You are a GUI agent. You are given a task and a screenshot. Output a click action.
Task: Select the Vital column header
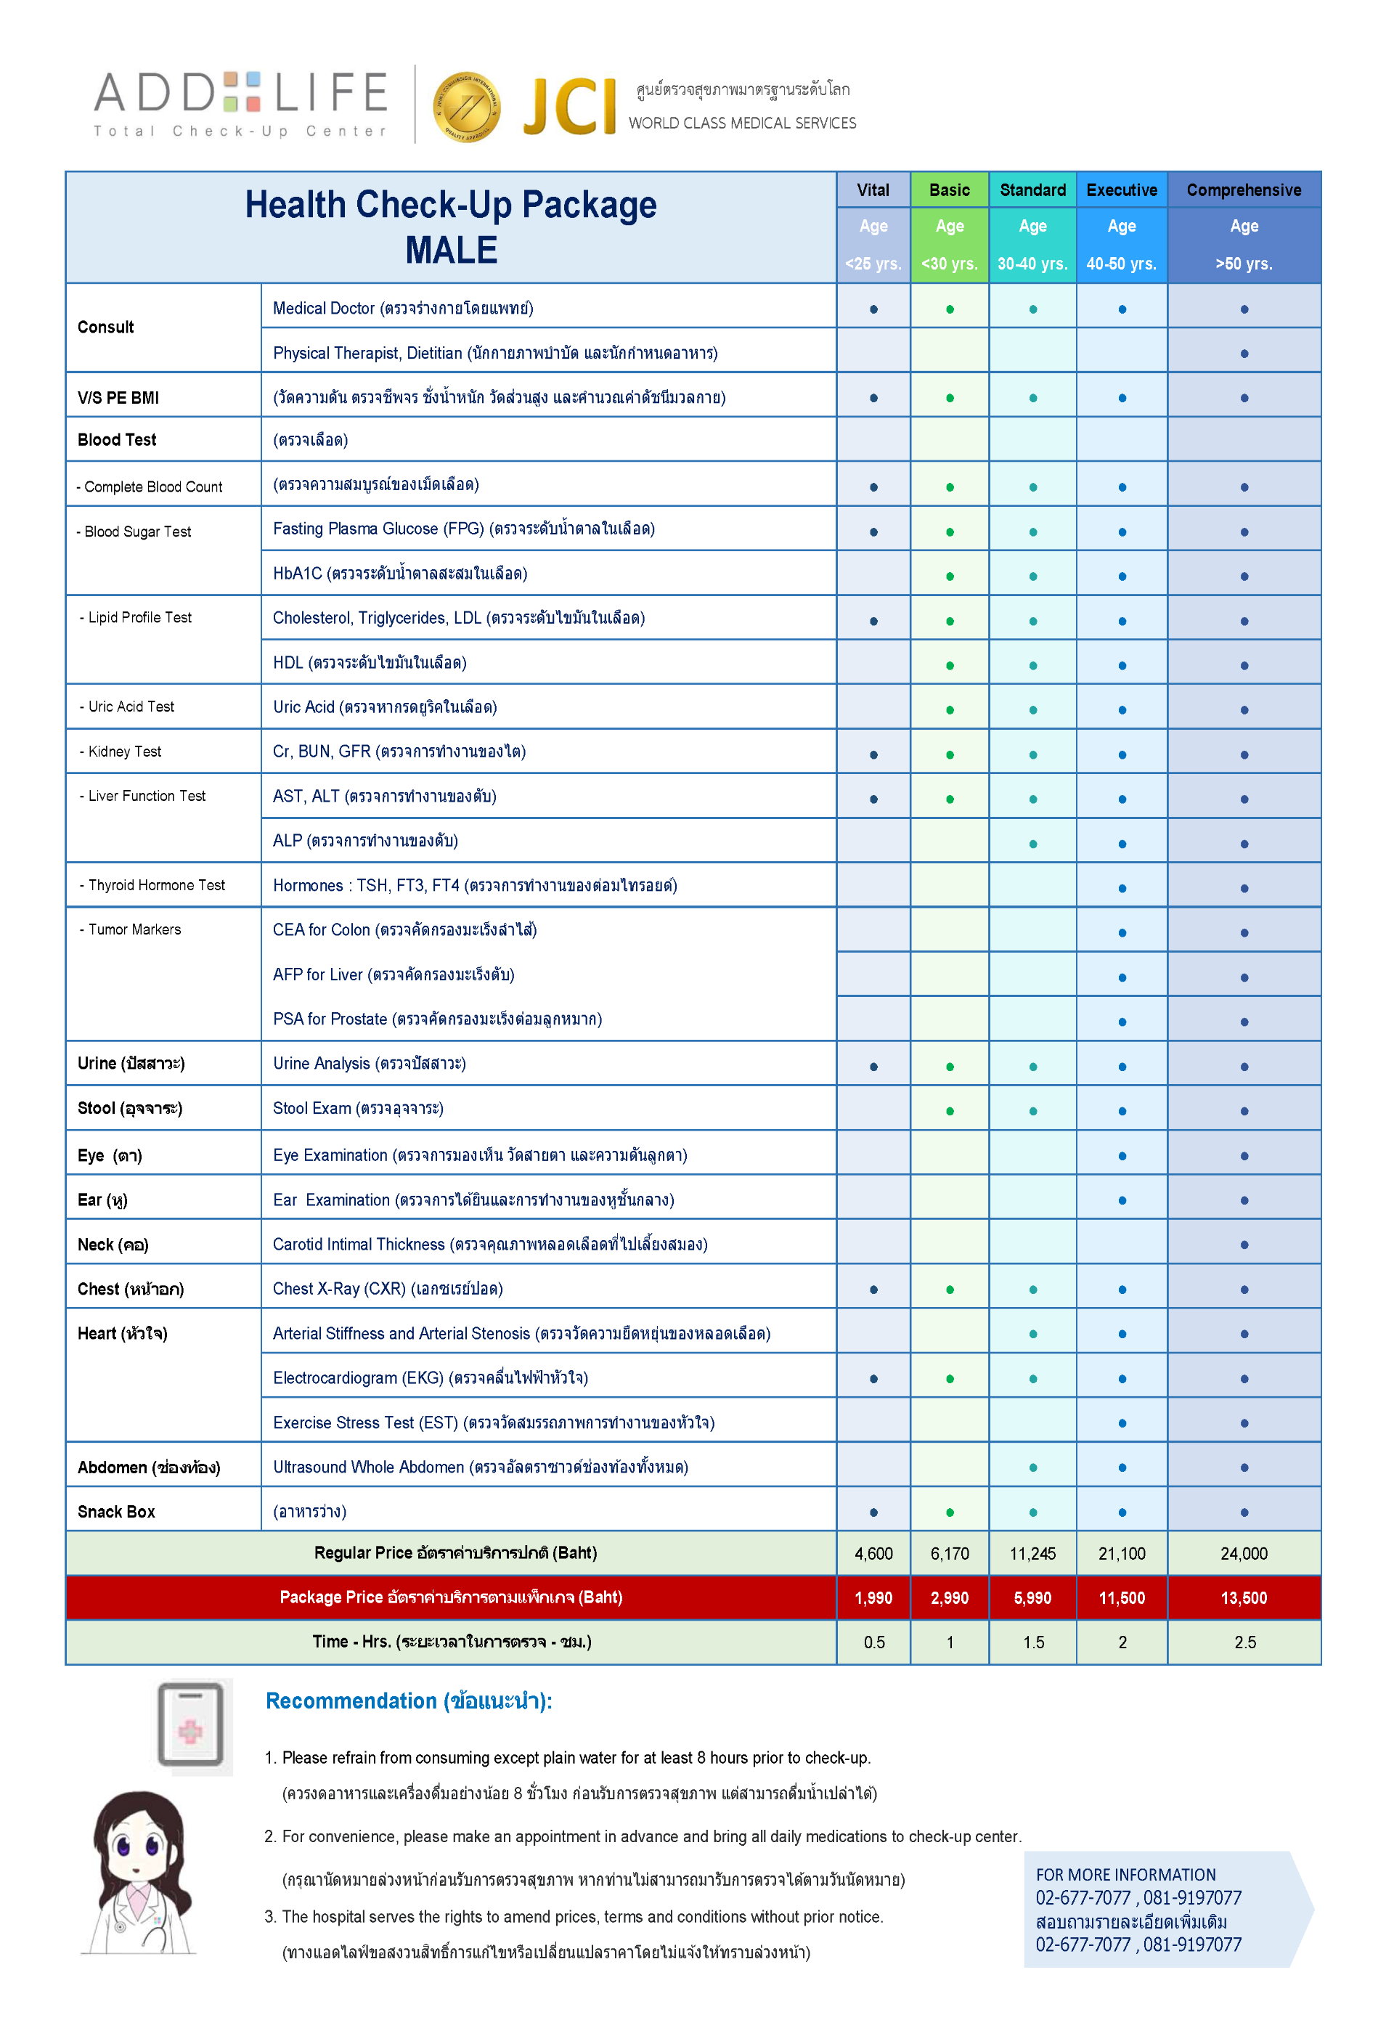coord(873,190)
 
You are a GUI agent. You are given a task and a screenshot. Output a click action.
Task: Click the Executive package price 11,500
coord(1122,1597)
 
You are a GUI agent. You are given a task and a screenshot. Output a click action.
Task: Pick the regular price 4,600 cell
coord(873,1553)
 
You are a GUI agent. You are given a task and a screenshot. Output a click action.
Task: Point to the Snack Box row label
coord(116,1511)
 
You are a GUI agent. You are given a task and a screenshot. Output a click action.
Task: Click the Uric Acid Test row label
coord(131,706)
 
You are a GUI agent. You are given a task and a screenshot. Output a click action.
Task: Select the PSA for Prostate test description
coord(437,1019)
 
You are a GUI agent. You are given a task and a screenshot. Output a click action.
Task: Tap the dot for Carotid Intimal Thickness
coord(1244,1245)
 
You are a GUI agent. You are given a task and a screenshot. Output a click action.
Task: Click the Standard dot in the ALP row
coord(1032,844)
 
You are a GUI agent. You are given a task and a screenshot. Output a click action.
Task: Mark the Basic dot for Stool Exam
coord(950,1111)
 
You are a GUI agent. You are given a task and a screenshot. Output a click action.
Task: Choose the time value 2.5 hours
coord(1244,1642)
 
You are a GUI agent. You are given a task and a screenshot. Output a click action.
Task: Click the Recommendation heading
coord(408,1701)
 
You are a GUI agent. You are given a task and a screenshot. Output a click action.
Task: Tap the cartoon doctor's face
coord(137,1843)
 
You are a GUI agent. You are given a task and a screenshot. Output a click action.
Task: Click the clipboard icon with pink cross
coord(190,1726)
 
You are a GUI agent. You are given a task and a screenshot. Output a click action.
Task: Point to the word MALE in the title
coord(451,251)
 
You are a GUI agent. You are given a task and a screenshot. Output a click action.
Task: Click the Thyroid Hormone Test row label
coord(156,884)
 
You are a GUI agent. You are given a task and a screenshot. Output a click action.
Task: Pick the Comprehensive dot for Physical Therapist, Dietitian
coord(1244,354)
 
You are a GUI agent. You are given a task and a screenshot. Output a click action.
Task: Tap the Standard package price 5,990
coord(1032,1597)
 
